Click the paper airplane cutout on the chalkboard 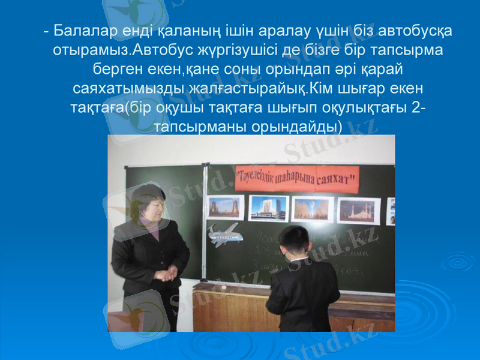click(x=226, y=234)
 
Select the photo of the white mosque click(x=359, y=211)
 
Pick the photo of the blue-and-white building click(x=268, y=208)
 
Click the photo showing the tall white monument click(x=313, y=209)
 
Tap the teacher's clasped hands click(x=168, y=273)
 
